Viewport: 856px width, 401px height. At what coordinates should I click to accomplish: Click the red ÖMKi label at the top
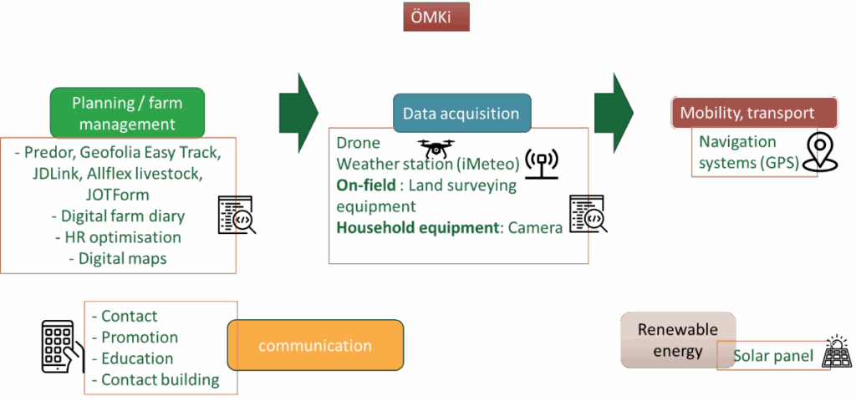436,18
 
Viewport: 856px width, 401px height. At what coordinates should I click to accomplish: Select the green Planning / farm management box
127,113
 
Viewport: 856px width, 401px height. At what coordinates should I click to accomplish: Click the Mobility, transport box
754,113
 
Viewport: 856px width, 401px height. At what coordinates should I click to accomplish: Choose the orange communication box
315,345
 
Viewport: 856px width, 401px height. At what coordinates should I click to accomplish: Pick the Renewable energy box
678,340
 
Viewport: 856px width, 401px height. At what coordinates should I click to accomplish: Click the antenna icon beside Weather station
541,164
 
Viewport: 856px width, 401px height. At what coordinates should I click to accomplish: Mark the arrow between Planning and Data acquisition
298,108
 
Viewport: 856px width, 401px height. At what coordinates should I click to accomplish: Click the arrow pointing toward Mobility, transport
614,108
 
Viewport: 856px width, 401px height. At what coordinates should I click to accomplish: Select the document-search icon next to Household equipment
588,215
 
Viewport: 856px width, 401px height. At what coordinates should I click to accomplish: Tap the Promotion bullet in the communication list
139,338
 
